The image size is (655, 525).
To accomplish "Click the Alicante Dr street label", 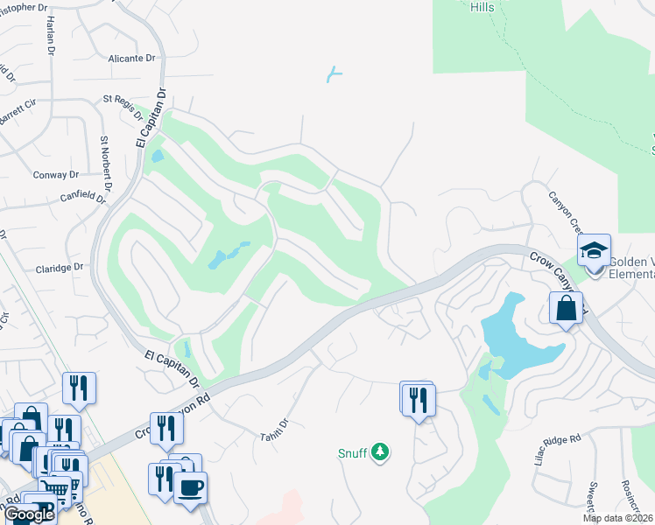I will (x=131, y=59).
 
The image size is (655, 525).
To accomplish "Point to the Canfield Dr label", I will (x=82, y=199).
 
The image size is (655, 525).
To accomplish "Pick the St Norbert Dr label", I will (x=106, y=163).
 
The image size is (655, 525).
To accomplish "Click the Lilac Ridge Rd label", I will (x=558, y=448).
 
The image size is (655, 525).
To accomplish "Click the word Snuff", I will (x=352, y=452).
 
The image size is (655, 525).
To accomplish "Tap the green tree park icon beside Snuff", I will (x=380, y=451).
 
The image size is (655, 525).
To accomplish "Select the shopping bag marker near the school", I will (x=566, y=308).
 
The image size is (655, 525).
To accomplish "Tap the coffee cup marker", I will (x=190, y=486).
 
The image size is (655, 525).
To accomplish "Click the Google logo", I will (x=29, y=514).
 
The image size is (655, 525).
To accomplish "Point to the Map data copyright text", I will (x=617, y=518).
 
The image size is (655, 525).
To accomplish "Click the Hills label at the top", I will (x=481, y=7).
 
